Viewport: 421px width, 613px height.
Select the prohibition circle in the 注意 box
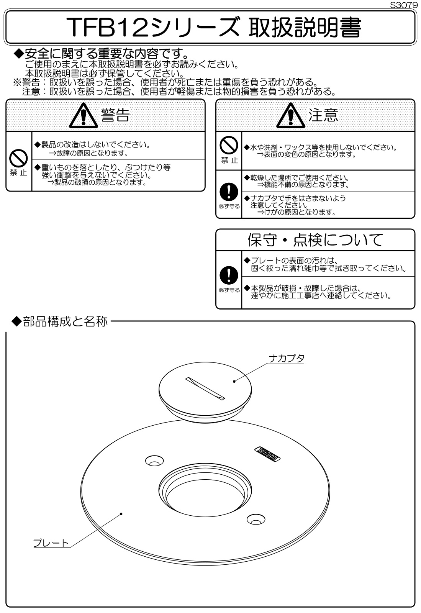click(x=229, y=146)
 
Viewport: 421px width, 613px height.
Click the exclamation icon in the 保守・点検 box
click(x=229, y=274)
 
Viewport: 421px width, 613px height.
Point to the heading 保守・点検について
click(x=315, y=240)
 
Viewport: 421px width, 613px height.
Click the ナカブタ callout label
click(x=287, y=358)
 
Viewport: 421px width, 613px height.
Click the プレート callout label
click(x=51, y=543)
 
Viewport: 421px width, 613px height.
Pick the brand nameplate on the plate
click(x=267, y=451)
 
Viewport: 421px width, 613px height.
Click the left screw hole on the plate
click(x=154, y=461)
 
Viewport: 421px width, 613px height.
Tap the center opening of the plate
click(x=206, y=492)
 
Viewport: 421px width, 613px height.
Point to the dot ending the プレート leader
click(x=121, y=514)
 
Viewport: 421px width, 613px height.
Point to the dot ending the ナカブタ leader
click(x=234, y=381)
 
